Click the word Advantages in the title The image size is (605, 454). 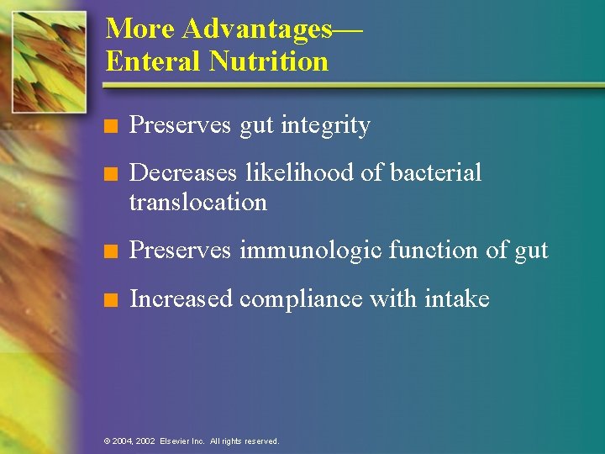[257, 29]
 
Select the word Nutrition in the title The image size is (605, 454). [269, 61]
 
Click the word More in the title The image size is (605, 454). [140, 29]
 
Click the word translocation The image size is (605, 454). [198, 203]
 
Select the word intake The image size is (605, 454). [458, 299]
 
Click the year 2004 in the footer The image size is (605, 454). [123, 441]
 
